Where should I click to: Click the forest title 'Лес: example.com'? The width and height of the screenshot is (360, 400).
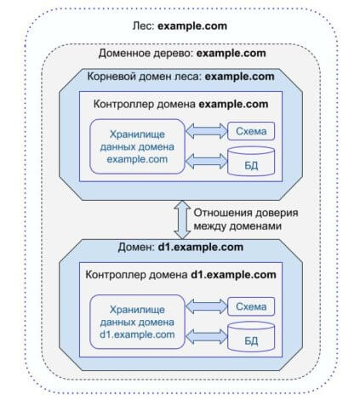[180, 26]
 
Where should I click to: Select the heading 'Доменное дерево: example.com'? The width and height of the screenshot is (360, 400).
[182, 54]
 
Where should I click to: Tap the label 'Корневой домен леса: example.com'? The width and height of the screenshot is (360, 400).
[180, 77]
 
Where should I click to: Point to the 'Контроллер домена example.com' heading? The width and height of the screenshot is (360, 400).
[180, 104]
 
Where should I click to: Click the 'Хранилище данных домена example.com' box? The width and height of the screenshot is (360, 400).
[137, 146]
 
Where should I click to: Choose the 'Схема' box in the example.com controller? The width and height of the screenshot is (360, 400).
[251, 131]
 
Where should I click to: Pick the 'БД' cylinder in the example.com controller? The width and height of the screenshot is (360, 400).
[251, 161]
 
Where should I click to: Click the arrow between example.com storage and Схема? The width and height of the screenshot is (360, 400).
[207, 131]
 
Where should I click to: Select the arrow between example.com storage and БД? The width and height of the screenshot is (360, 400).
[207, 161]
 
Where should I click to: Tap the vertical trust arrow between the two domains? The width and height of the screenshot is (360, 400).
[182, 220]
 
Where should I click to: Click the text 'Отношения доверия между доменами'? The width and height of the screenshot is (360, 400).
[246, 220]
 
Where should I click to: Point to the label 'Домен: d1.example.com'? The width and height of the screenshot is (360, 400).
[180, 247]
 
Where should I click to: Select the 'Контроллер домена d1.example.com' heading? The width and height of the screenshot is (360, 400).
[180, 275]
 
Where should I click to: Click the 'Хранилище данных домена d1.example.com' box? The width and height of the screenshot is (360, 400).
[137, 322]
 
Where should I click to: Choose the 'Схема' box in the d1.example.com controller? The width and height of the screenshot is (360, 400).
[251, 306]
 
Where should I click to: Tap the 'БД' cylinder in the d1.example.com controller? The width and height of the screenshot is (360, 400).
[251, 336]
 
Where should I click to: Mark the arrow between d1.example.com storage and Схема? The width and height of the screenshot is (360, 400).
[207, 306]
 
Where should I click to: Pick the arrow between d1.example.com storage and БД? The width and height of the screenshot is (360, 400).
[207, 336]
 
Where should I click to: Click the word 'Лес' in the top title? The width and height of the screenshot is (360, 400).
[143, 26]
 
